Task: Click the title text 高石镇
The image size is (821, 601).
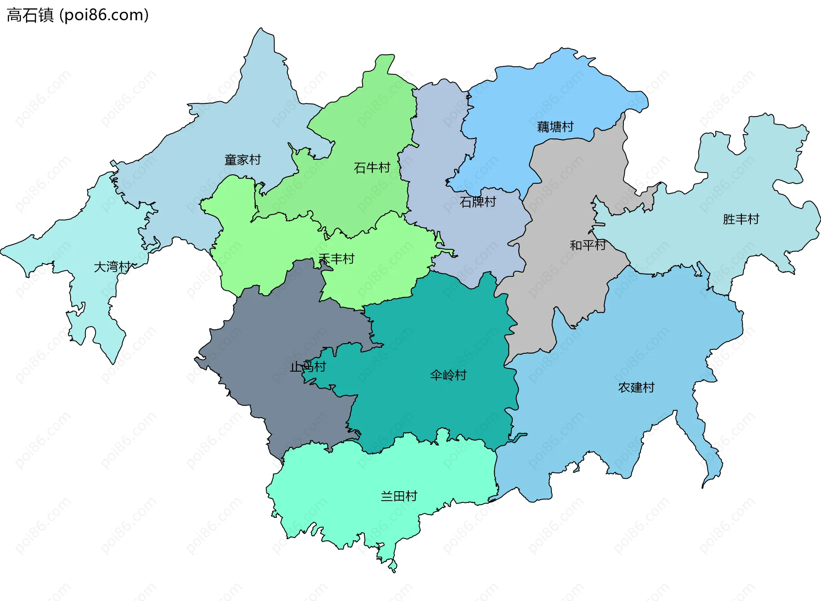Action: pyautogui.click(x=30, y=15)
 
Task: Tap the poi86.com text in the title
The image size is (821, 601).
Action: pyautogui.click(x=104, y=15)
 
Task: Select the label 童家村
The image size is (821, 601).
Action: pyautogui.click(x=242, y=160)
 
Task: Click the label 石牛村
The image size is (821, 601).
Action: pyautogui.click(x=372, y=167)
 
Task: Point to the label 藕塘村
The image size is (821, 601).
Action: pyautogui.click(x=555, y=127)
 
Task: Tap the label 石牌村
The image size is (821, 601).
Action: pyautogui.click(x=478, y=202)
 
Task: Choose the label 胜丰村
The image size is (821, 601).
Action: pyautogui.click(x=741, y=219)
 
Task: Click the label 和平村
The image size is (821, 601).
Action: pyautogui.click(x=588, y=245)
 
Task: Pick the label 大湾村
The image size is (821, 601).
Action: pyautogui.click(x=112, y=267)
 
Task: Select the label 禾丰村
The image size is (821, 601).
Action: pyautogui.click(x=337, y=259)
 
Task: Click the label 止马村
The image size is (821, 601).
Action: pyautogui.click(x=307, y=366)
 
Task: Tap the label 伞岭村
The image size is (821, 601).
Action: pyautogui.click(x=448, y=375)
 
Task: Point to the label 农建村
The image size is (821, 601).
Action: pyautogui.click(x=636, y=387)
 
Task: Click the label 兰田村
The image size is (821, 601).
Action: pyautogui.click(x=399, y=496)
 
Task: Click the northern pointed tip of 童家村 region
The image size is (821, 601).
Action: pyautogui.click(x=260, y=30)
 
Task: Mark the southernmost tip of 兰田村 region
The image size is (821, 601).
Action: pyautogui.click(x=393, y=570)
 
